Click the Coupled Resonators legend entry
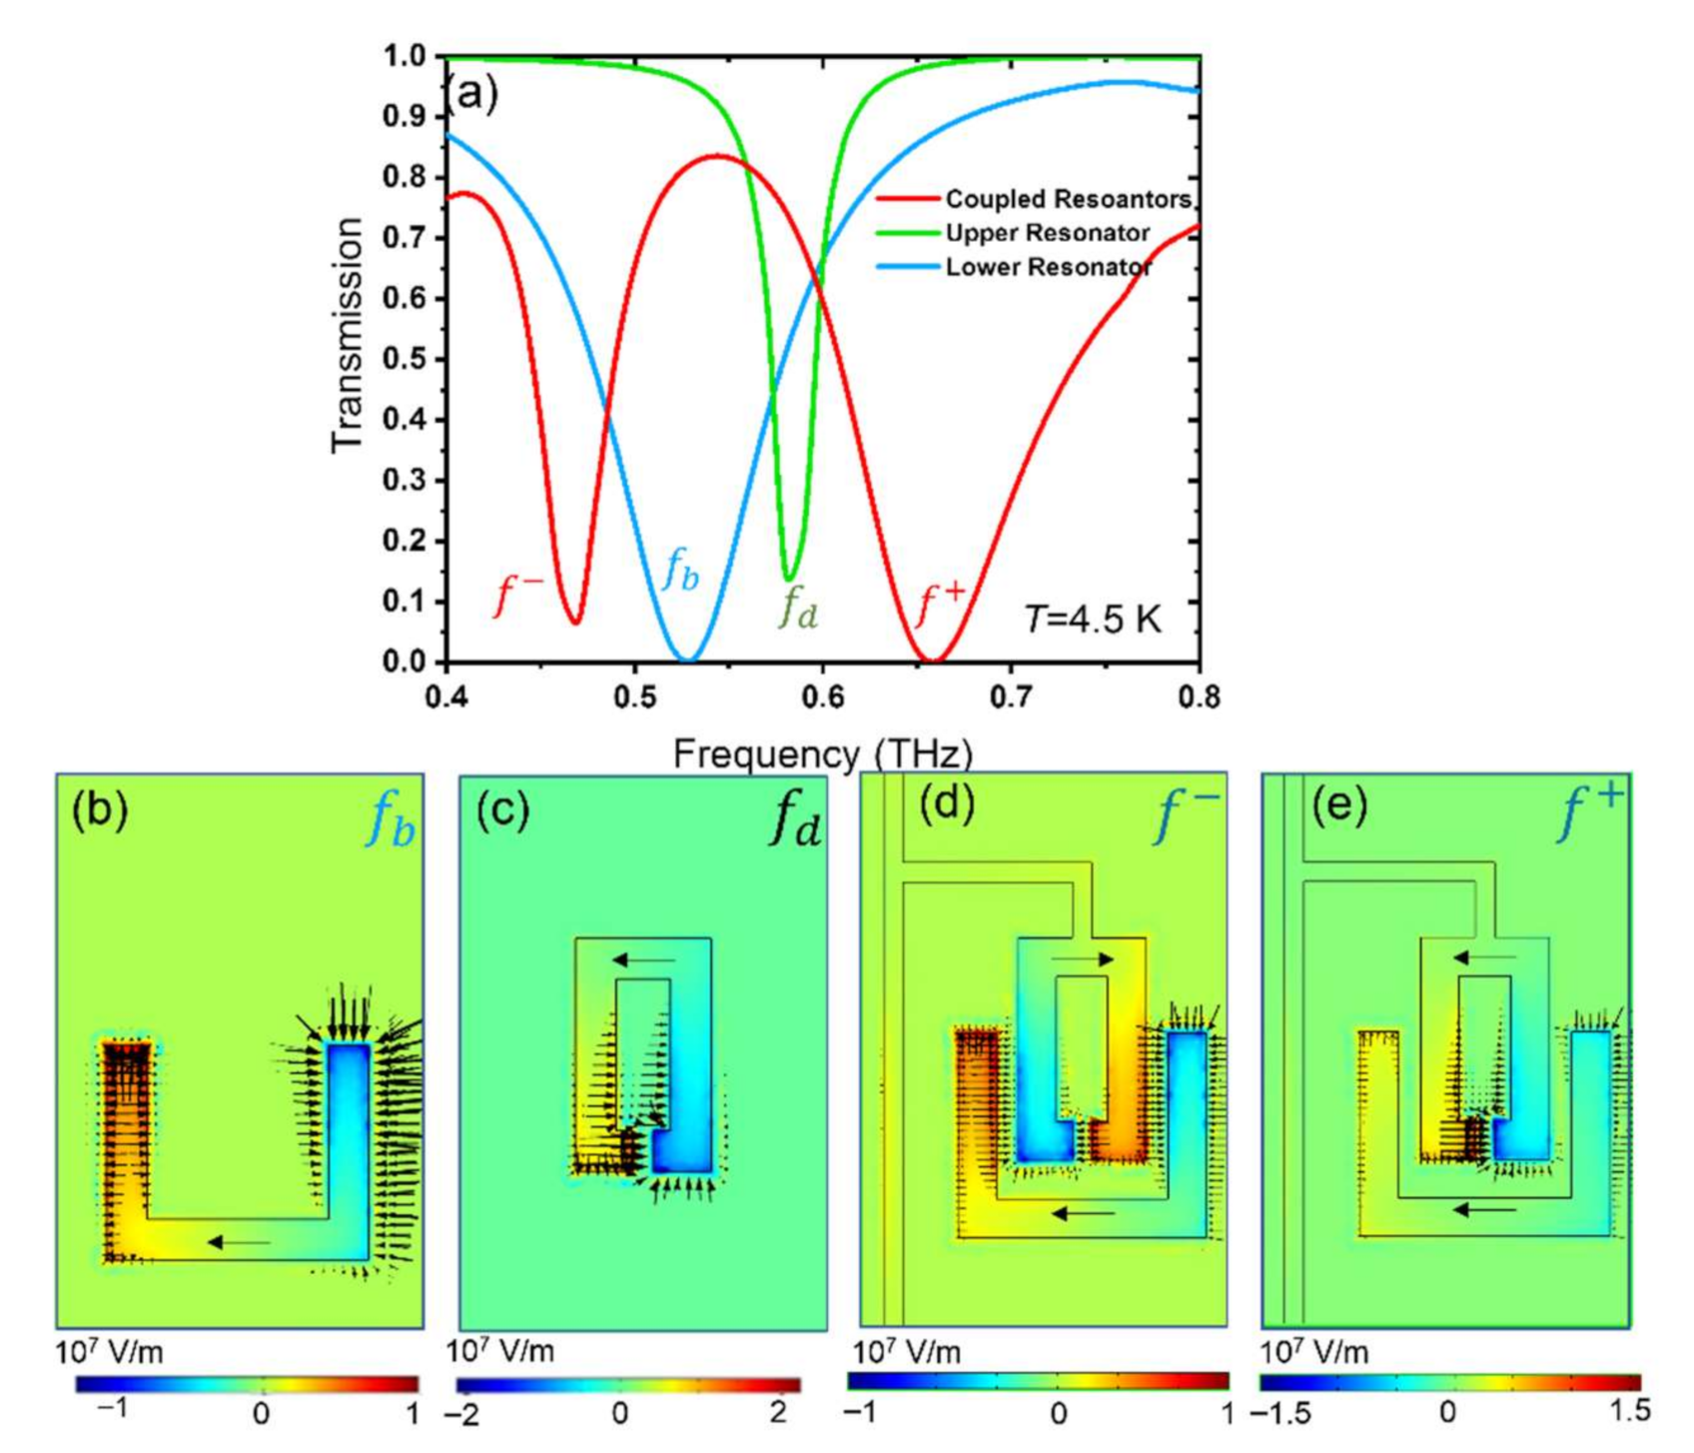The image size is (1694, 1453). [x=1067, y=199]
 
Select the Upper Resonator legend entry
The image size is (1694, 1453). [x=1047, y=233]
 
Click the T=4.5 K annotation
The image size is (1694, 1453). [x=1093, y=620]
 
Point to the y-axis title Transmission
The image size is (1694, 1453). [x=347, y=335]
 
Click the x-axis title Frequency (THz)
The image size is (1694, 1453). [x=822, y=752]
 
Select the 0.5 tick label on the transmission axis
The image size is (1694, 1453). [x=405, y=359]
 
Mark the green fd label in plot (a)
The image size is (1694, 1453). [x=799, y=607]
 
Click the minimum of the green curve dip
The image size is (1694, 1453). [x=789, y=579]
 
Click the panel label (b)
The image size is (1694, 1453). [x=100, y=810]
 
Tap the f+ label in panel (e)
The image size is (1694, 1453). [x=1591, y=811]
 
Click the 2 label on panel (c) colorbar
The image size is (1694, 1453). [x=779, y=1413]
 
